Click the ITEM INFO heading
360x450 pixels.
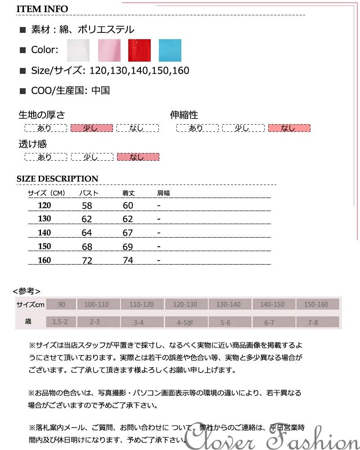tap(42, 9)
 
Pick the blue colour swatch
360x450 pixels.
tap(170, 50)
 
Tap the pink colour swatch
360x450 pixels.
tap(109, 50)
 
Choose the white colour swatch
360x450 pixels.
tap(78, 50)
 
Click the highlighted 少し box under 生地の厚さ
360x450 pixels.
tap(91, 128)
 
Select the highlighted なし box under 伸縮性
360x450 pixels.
tap(289, 128)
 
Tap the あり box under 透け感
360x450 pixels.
tap(45, 157)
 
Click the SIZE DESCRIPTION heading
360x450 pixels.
tap(57, 179)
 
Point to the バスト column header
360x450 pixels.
tap(89, 193)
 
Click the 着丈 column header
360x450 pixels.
tap(129, 193)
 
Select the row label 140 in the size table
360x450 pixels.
tap(45, 233)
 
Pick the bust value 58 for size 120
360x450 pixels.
tap(87, 206)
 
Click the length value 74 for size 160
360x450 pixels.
tap(128, 260)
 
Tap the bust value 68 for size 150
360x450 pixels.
tap(87, 247)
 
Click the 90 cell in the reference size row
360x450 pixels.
tap(61, 305)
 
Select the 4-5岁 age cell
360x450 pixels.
tap(185, 322)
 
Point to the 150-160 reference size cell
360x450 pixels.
tap(316, 305)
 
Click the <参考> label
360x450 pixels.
tap(27, 291)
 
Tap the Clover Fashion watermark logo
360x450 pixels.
tap(273, 435)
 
